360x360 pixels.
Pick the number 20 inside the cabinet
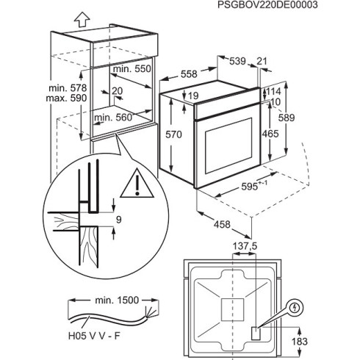[116, 92]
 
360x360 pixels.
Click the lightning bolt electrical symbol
[296, 307]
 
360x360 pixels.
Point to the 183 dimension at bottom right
[297, 342]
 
